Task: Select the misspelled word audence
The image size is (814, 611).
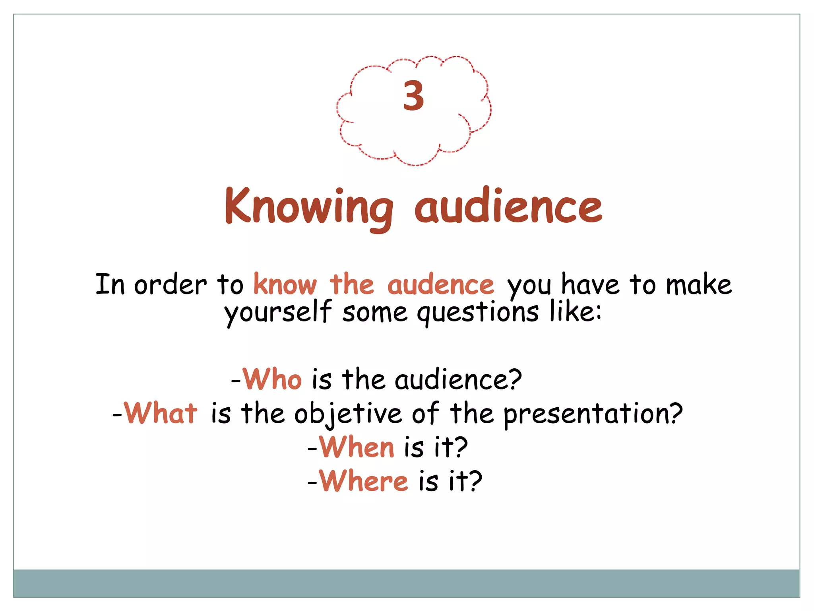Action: coord(440,285)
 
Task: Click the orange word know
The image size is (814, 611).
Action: coord(285,285)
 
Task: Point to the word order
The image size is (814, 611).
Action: coord(170,285)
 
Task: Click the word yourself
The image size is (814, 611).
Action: coord(277,312)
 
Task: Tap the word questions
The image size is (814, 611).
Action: coord(478,313)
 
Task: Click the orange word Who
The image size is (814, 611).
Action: coord(272,379)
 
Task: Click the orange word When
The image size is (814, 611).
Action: coord(357,447)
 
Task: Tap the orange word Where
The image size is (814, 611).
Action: coord(363,481)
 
